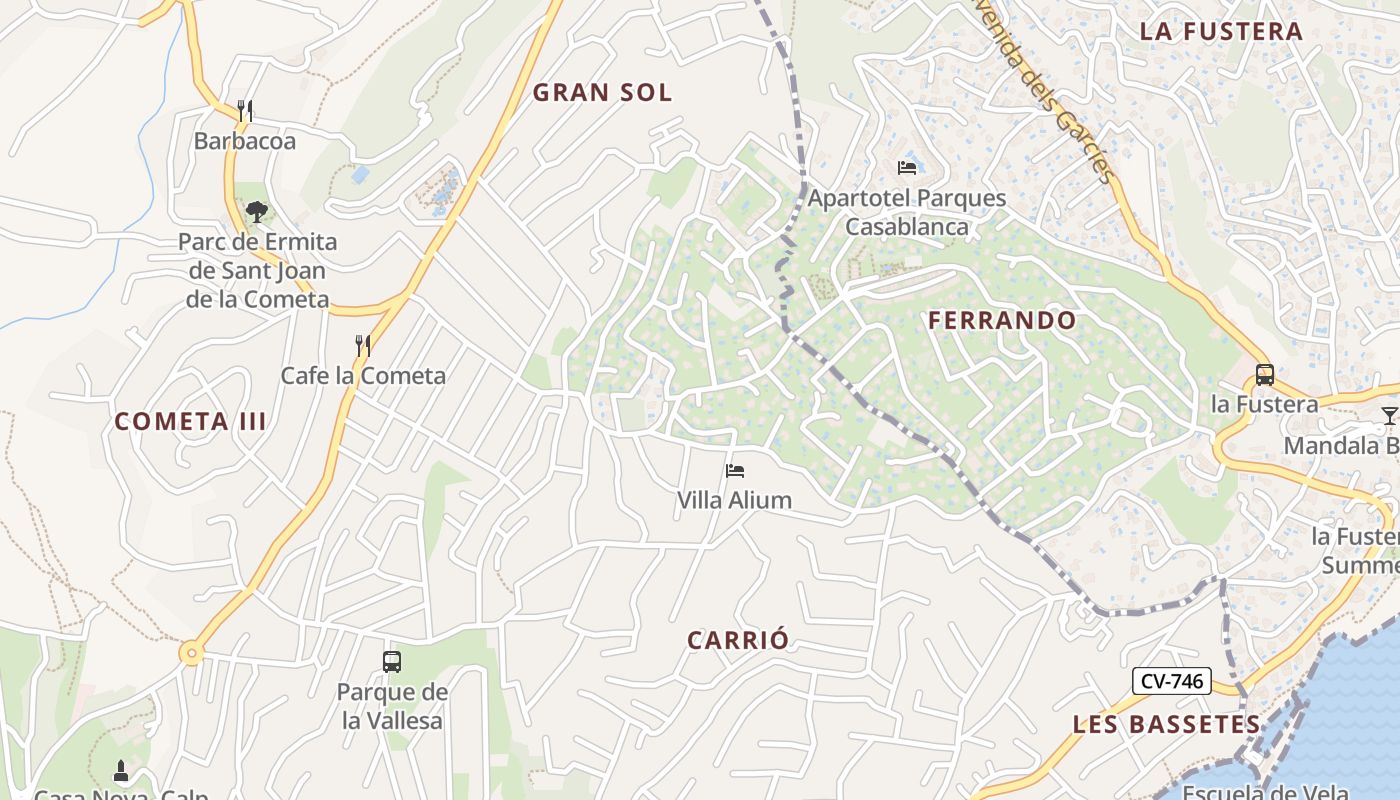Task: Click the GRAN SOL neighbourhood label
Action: (x=602, y=93)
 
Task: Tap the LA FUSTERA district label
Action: (x=1221, y=31)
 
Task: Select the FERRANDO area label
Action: (x=1002, y=321)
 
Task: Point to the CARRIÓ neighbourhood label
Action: (x=738, y=641)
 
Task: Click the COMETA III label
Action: (x=190, y=421)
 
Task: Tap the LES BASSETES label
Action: (x=1166, y=724)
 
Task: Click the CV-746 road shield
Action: (x=1172, y=682)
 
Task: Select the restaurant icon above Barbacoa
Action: (x=245, y=110)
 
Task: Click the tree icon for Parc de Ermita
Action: (x=257, y=211)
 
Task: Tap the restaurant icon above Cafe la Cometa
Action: (x=363, y=346)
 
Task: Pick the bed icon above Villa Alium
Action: (x=735, y=470)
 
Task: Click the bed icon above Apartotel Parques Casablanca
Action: (x=907, y=167)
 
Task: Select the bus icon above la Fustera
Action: (x=1264, y=375)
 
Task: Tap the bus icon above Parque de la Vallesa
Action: (x=392, y=661)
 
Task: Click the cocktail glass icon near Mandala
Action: (x=1389, y=415)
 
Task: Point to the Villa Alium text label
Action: (x=734, y=500)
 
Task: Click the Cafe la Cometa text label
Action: (x=363, y=376)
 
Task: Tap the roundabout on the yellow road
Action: (x=191, y=654)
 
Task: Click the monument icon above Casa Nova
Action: (x=121, y=771)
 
